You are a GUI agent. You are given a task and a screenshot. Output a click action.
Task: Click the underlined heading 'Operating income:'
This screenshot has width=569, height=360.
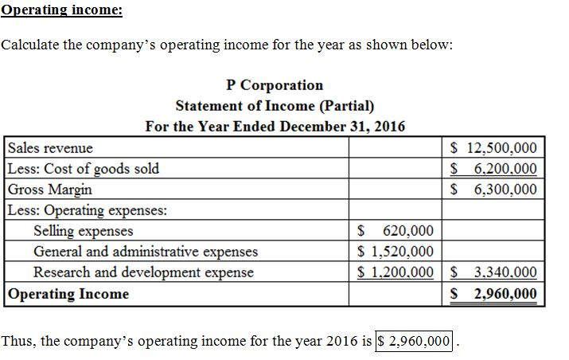tap(61, 10)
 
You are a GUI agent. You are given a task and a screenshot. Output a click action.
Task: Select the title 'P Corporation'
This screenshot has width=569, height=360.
tap(275, 85)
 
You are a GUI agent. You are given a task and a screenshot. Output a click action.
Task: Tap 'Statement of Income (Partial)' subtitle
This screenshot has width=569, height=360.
tap(275, 106)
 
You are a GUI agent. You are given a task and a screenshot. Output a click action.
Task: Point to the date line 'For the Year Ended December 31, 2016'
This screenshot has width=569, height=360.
tap(275, 127)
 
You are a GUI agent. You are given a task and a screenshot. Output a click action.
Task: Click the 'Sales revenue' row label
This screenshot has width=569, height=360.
tap(50, 148)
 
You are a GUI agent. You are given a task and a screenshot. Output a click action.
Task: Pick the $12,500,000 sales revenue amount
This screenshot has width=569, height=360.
tap(493, 148)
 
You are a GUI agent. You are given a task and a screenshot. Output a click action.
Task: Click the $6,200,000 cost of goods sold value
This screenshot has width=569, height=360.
tap(493, 169)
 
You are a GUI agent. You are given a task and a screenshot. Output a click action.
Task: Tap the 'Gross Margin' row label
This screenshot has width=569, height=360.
tap(50, 190)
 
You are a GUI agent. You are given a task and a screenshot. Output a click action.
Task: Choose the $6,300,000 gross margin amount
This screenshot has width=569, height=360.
tap(493, 190)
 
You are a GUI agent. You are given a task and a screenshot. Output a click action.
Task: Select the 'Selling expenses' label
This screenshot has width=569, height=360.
tap(84, 232)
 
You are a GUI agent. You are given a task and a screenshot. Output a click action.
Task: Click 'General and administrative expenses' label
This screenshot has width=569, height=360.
tap(146, 252)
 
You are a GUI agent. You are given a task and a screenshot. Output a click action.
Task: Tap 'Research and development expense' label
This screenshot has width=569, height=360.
tap(143, 273)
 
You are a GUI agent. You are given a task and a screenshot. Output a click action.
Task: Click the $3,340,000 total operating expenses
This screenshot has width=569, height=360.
tap(493, 273)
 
